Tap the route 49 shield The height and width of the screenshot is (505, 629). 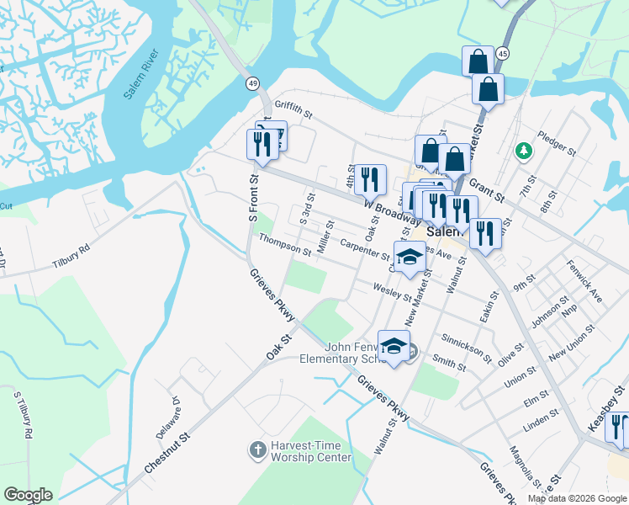252,84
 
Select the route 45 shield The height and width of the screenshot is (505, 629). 502,53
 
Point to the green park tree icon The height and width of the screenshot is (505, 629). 524,151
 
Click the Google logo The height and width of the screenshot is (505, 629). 28,495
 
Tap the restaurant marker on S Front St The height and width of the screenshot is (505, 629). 262,145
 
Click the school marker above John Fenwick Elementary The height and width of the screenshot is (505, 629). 394,346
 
